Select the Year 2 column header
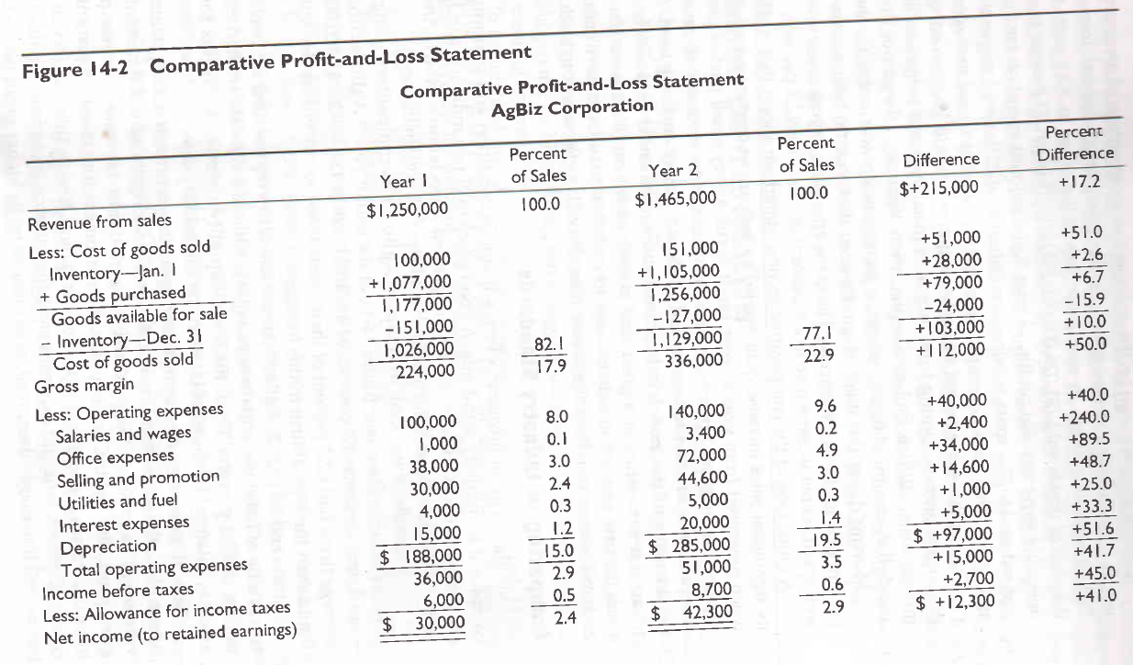[673, 171]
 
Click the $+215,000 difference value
[938, 188]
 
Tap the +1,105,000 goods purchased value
[679, 272]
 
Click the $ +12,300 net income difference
[954, 602]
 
